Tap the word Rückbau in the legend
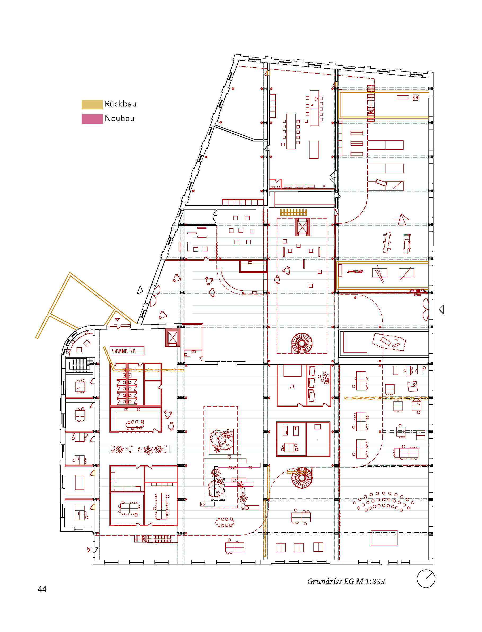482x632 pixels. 121,104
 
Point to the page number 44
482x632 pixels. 42,589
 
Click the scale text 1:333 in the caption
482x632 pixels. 375,581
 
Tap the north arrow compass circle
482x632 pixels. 426,579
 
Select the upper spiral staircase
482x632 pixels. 302,343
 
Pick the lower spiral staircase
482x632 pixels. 302,478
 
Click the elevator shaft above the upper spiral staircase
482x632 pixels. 302,227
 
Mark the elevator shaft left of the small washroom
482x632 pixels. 173,337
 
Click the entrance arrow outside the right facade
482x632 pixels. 441,309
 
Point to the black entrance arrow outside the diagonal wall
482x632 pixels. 140,290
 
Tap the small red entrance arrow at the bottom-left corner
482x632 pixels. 89,550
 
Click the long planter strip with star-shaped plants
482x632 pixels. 140,449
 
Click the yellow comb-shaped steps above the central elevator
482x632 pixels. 294,212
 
